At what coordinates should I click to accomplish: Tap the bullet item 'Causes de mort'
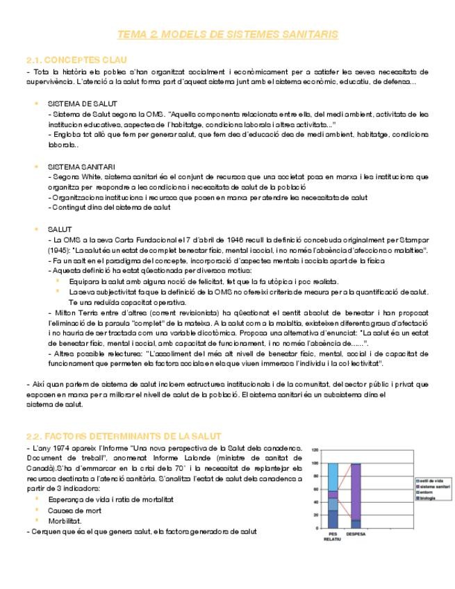(75, 511)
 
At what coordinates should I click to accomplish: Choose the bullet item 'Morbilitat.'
(65, 520)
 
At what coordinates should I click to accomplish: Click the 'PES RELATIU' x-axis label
(332, 537)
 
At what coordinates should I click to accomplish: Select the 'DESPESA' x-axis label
(356, 534)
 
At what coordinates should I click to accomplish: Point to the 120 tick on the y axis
(315, 450)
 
